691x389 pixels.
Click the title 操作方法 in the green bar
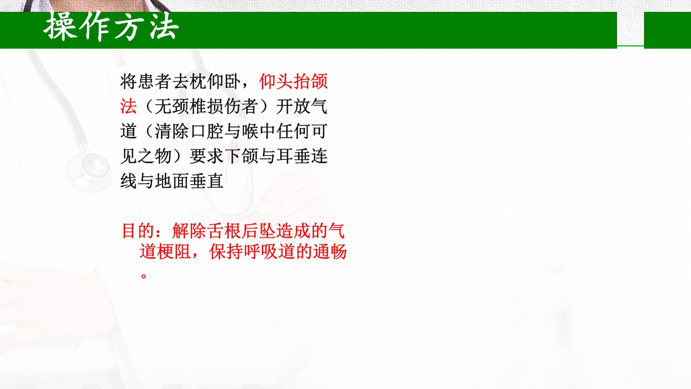[x=111, y=27]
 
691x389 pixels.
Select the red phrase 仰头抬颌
[x=293, y=82]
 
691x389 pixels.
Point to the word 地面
[x=172, y=181]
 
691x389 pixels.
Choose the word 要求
[x=198, y=156]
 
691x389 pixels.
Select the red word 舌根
[x=199, y=231]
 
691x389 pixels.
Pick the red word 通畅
[x=329, y=252]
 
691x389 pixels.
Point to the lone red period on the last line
[x=144, y=274]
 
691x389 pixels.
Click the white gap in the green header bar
[x=631, y=30]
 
